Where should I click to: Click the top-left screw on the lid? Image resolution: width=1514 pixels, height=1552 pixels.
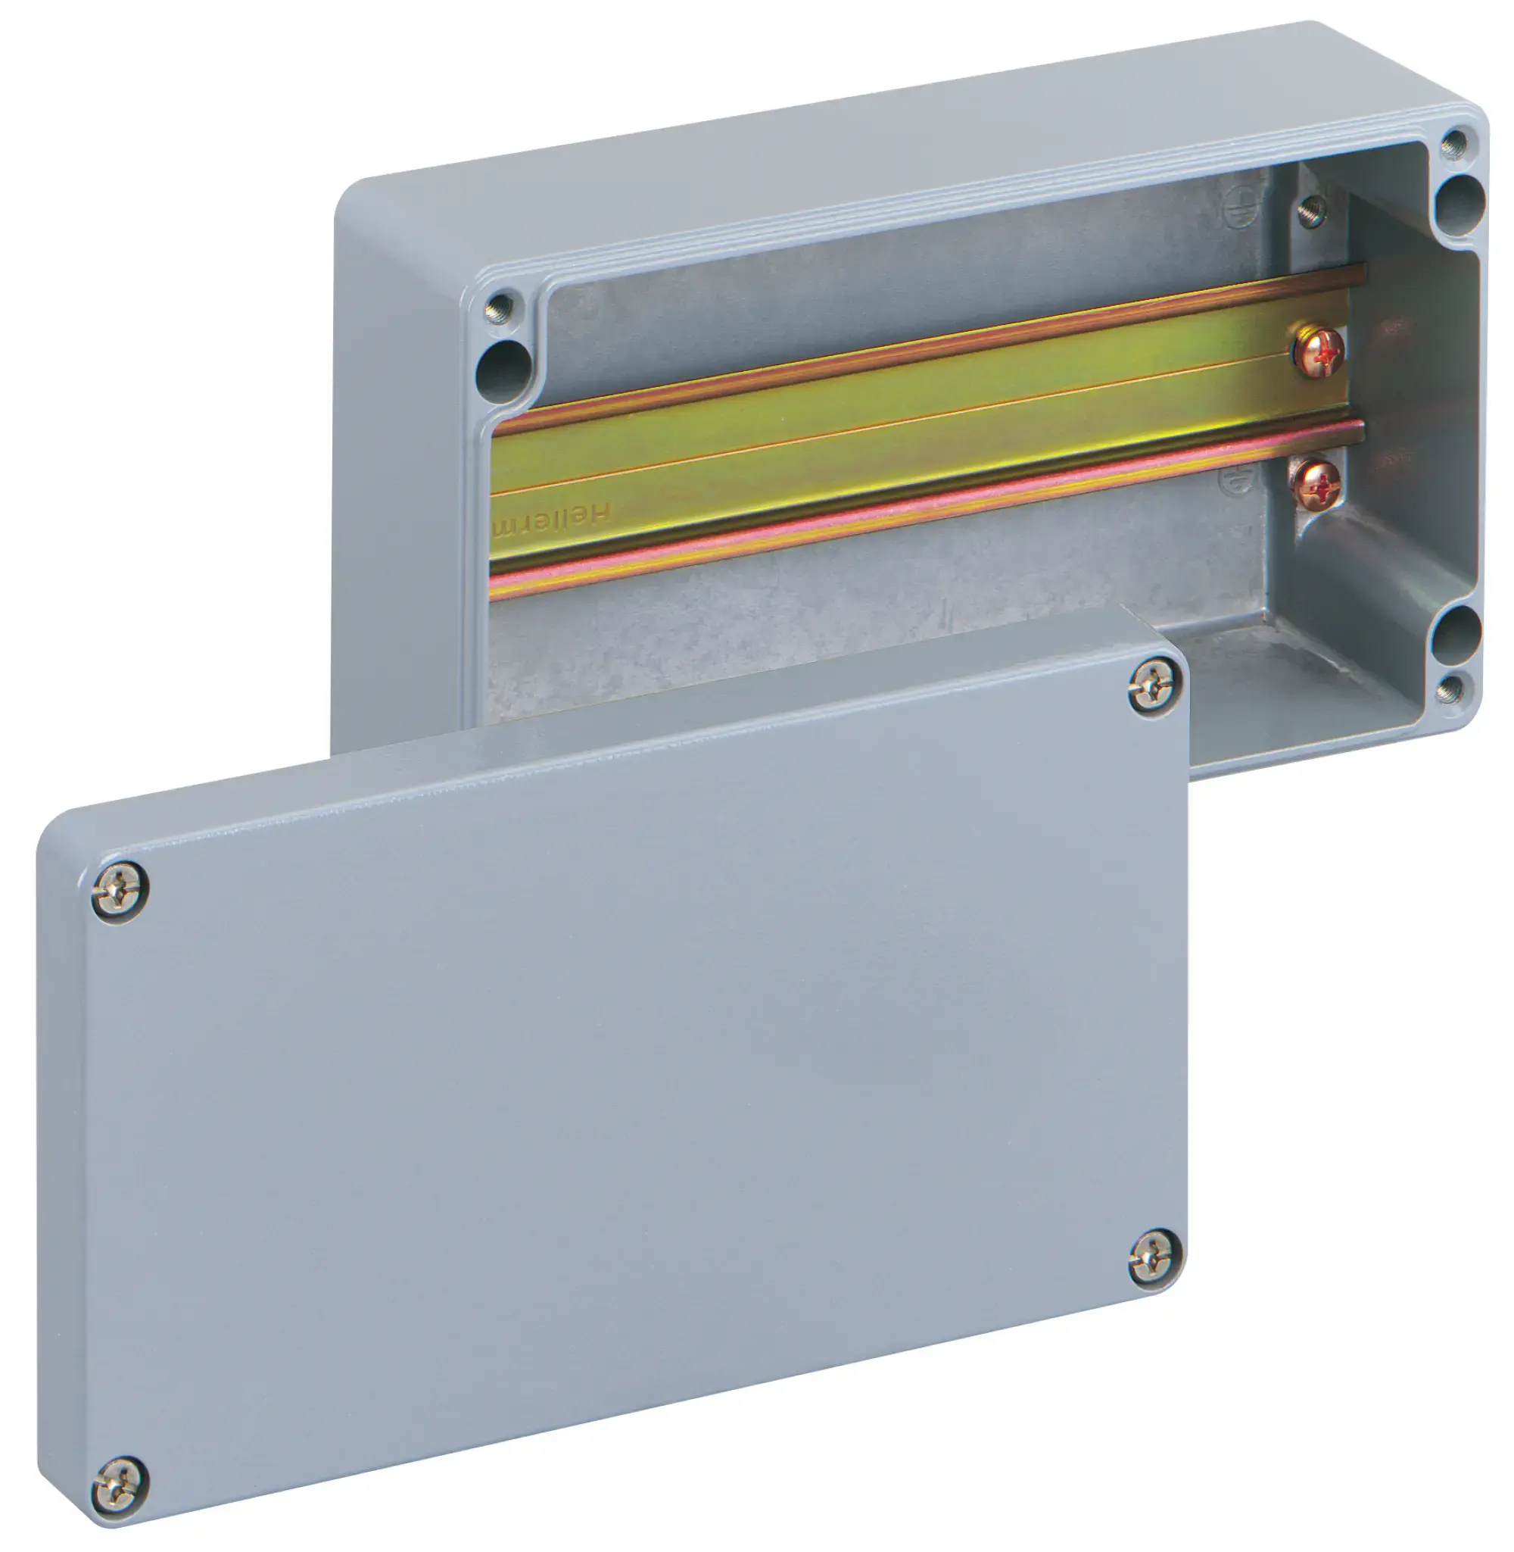pyautogui.click(x=120, y=891)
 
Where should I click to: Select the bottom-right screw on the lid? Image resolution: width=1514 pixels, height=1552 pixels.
pyautogui.click(x=1154, y=1257)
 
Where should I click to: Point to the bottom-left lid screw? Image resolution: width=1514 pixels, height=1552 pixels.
pyautogui.click(x=120, y=1485)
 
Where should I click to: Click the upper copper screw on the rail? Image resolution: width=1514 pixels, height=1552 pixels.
pyautogui.click(x=1318, y=350)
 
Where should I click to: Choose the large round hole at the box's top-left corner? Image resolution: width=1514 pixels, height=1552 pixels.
pyautogui.click(x=503, y=370)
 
